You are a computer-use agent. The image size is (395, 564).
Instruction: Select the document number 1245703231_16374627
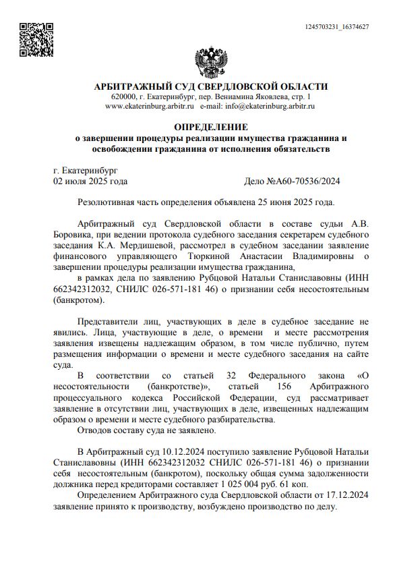click(337, 26)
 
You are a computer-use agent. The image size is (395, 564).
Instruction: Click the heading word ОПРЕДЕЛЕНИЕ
click(210, 127)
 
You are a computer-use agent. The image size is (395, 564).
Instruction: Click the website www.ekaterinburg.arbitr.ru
click(150, 107)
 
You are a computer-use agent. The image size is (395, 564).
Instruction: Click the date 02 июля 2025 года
click(90, 181)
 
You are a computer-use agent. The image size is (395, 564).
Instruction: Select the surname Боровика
click(73, 234)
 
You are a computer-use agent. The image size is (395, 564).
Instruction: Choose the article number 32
click(231, 375)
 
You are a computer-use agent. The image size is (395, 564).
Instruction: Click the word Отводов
click(96, 429)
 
